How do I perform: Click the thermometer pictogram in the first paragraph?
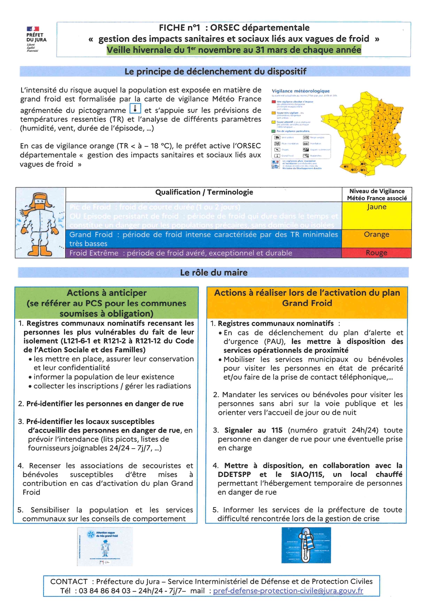[x=135, y=108]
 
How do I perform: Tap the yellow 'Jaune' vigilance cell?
[x=377, y=215]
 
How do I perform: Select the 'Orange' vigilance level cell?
[x=377, y=238]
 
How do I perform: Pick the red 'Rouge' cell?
[x=377, y=253]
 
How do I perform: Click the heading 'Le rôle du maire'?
[x=214, y=272]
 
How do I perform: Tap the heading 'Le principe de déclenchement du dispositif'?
[x=215, y=71]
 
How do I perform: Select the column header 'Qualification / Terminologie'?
[x=204, y=192]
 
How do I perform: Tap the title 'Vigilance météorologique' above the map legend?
[x=301, y=91]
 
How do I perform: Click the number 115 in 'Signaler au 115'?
[x=277, y=430]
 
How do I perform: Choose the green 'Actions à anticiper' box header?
[x=106, y=303]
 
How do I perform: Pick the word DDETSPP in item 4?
[x=234, y=474]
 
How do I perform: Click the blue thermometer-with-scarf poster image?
[x=306, y=545]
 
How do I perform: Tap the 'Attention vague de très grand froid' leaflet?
[x=105, y=546]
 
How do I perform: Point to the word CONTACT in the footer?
[x=69, y=581]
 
